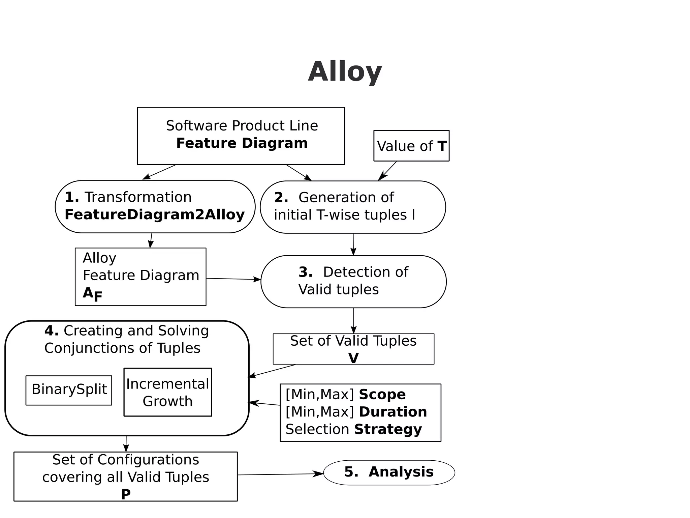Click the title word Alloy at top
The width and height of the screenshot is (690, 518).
[345, 71]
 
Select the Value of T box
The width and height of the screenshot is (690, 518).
[411, 146]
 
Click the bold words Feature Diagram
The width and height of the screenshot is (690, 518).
[242, 143]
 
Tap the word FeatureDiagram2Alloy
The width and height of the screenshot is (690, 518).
[154, 214]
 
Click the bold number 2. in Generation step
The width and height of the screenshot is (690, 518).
[281, 197]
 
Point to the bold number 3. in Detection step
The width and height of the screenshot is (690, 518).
[305, 272]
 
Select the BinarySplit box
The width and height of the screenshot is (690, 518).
[69, 390]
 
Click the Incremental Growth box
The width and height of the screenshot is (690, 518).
[167, 392]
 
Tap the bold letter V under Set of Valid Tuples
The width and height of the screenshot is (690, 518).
[353, 358]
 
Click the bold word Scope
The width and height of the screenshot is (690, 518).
[382, 394]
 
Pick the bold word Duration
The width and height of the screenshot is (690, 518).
[393, 412]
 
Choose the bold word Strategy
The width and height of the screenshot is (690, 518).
[388, 429]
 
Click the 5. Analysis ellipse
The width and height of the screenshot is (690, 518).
[389, 472]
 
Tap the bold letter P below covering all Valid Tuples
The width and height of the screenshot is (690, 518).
[126, 494]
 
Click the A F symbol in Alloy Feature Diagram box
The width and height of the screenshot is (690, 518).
[92, 294]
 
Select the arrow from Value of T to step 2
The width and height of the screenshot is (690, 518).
[387, 171]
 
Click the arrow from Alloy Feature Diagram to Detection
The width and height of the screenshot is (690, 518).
[233, 279]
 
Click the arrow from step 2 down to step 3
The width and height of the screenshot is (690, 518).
[353, 244]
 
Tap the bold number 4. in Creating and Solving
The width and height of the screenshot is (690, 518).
[51, 331]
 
